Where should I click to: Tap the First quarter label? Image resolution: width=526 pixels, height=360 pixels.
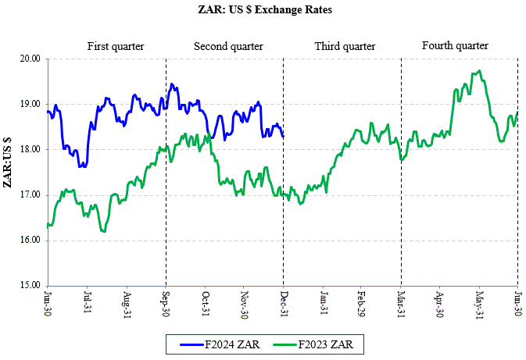pyautogui.click(x=116, y=47)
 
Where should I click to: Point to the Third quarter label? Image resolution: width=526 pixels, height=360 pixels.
pyautogui.click(x=345, y=47)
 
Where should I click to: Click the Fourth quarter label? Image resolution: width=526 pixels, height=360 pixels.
pyautogui.click(x=455, y=46)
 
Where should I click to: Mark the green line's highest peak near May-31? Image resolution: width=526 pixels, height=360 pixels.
pyautogui.click(x=478, y=71)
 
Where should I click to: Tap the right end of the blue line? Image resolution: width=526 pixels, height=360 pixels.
pyautogui.click(x=283, y=136)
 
